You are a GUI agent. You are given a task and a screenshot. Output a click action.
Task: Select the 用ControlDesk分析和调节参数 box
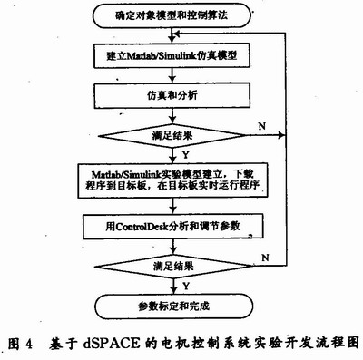click(172, 222)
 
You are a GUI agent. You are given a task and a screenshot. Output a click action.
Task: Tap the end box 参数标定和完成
click(172, 304)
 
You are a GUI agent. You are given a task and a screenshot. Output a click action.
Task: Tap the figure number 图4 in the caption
click(19, 345)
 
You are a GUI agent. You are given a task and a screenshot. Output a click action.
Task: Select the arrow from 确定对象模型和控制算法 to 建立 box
click(172, 34)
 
